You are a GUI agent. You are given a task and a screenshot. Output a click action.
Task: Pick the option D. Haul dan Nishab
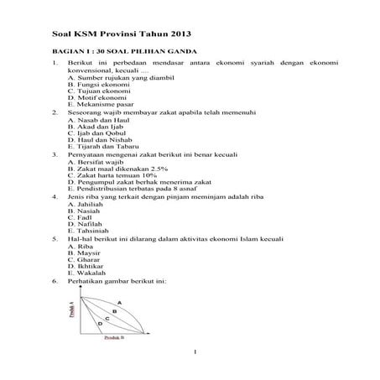(x=96, y=146)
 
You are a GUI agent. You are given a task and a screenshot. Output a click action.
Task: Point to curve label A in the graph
(x=119, y=302)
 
